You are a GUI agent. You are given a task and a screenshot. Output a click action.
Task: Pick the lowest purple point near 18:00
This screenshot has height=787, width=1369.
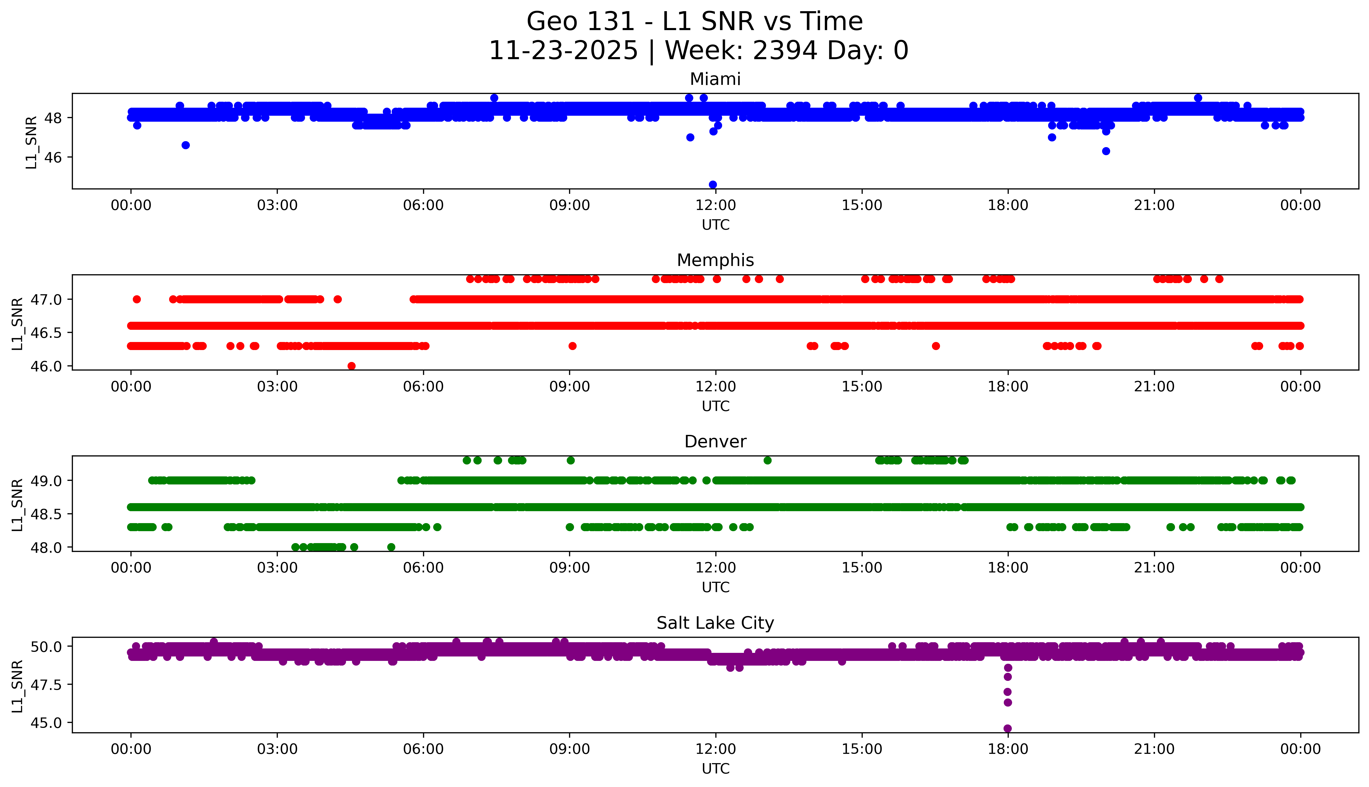1008,728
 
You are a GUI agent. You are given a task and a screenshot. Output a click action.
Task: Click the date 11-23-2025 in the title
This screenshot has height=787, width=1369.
563,51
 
